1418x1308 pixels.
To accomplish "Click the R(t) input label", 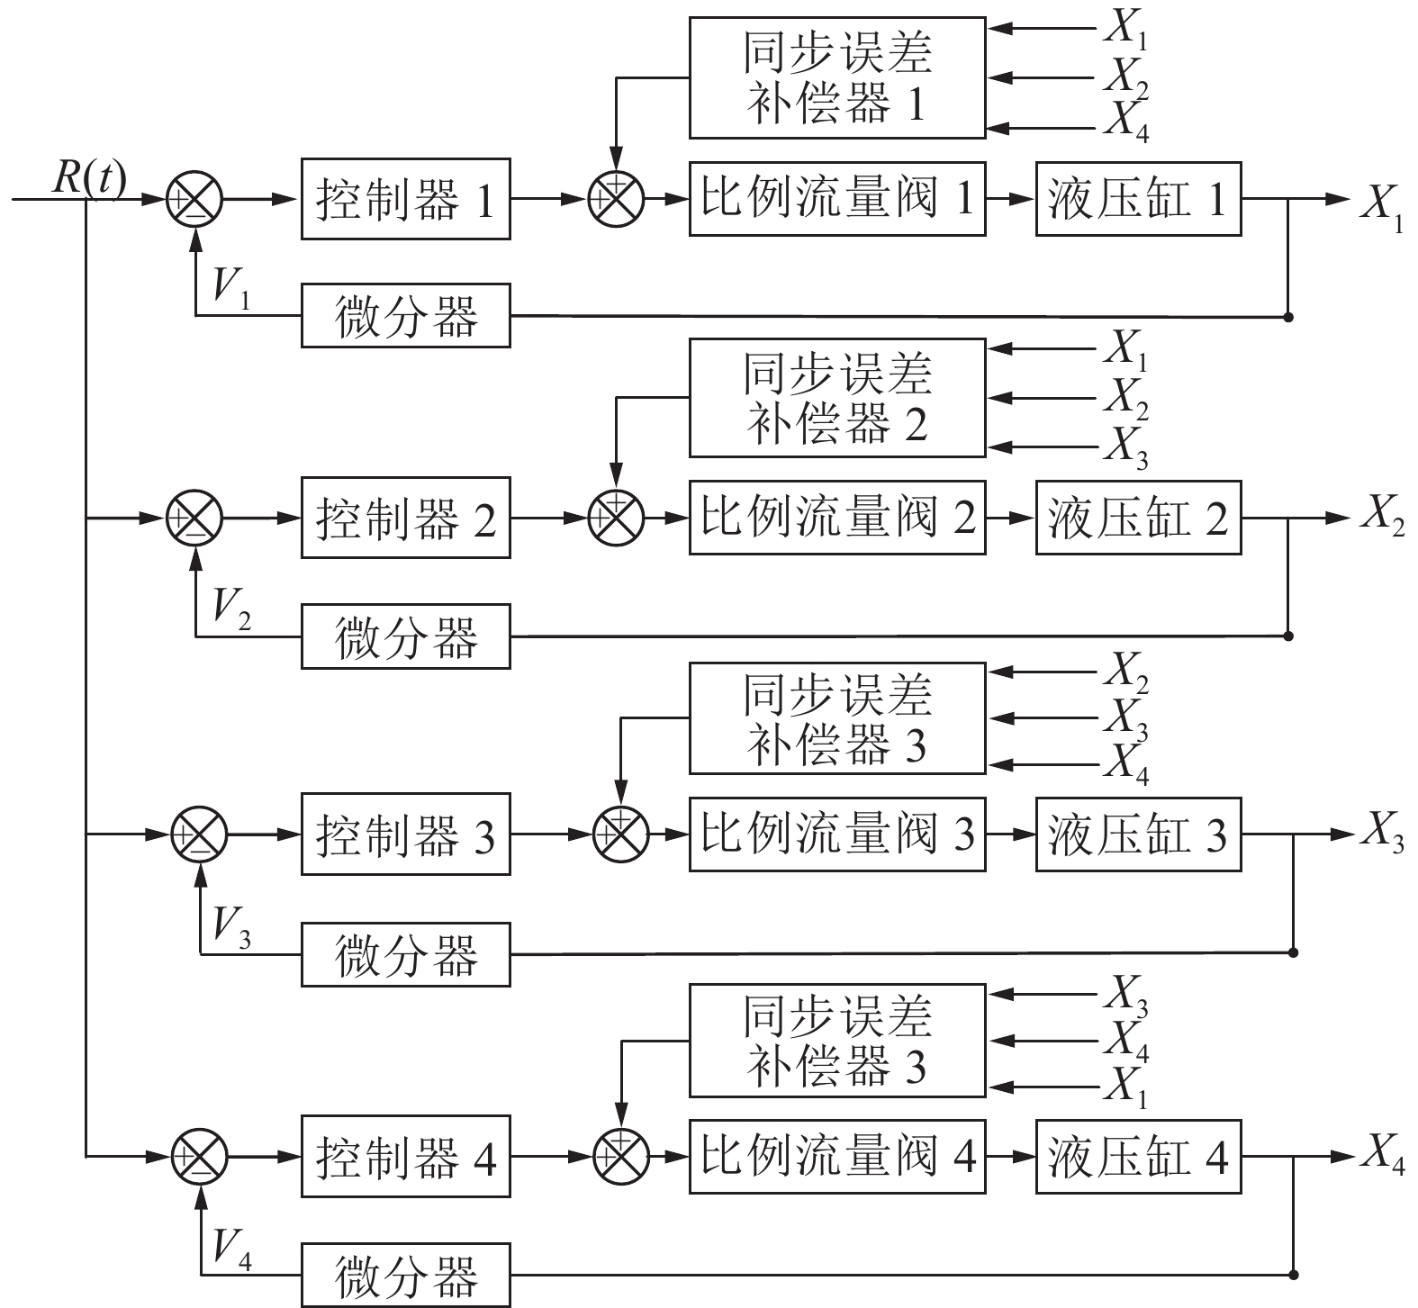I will (88, 178).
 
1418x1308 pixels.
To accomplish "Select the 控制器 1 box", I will (405, 200).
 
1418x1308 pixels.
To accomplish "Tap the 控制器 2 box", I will (405, 519).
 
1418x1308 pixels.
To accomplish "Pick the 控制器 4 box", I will (405, 1158).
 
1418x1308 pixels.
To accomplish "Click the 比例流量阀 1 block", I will (837, 199).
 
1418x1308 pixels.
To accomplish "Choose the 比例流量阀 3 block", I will (837, 834).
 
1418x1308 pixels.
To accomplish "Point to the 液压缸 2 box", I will (1138, 519).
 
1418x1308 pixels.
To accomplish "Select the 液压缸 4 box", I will (1138, 1157).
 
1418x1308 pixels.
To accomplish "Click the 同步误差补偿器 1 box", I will (837, 77).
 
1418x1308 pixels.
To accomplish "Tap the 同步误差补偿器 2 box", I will (837, 398).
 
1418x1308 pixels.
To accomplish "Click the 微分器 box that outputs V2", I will (405, 636).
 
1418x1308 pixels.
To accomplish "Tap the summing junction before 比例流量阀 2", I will (617, 518).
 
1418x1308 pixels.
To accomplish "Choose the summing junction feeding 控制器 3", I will (199, 834).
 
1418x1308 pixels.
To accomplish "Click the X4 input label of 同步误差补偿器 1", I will (1125, 122).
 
